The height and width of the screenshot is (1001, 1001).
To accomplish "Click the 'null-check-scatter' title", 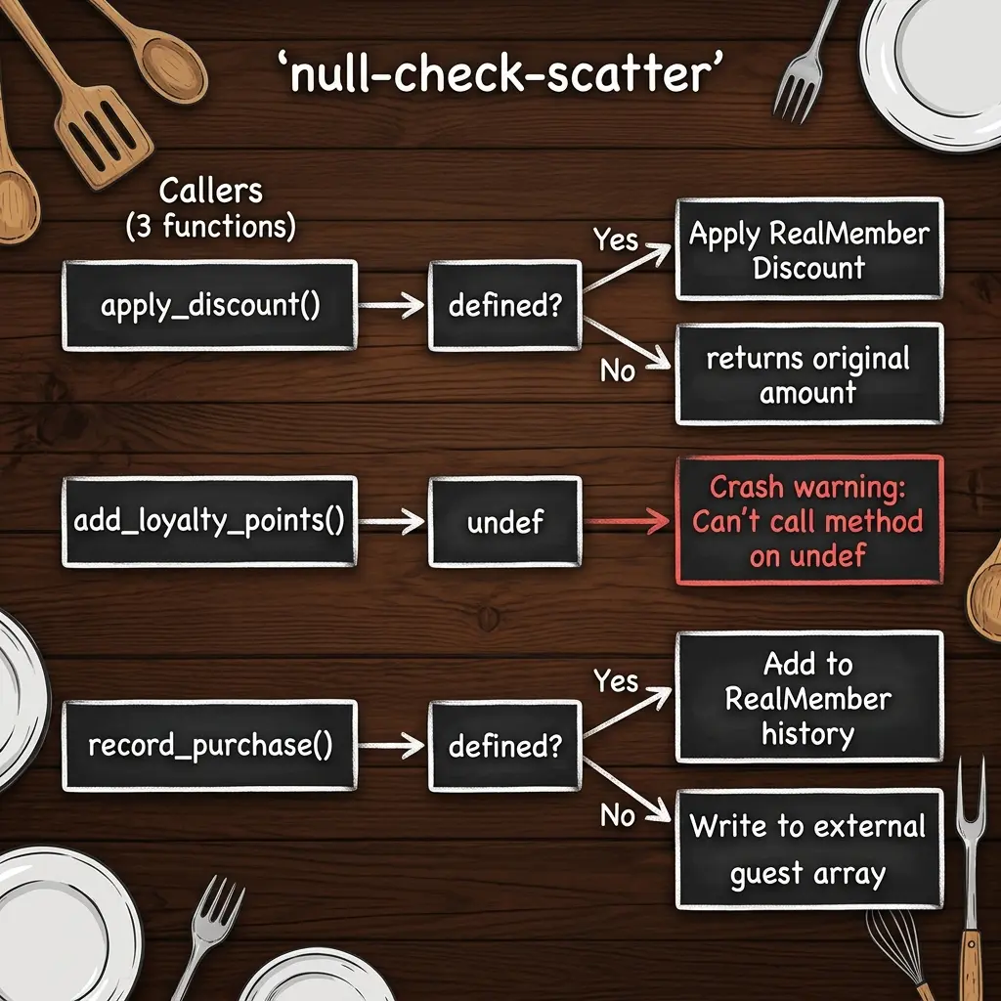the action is (500, 73).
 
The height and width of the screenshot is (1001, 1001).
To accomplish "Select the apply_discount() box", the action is (209, 305).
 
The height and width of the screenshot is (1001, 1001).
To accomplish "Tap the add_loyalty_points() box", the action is (209, 521).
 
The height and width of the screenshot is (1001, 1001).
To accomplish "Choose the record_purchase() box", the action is (209, 746).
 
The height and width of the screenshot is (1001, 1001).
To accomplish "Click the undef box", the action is (505, 522).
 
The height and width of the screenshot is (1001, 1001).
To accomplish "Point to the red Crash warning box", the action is (809, 520).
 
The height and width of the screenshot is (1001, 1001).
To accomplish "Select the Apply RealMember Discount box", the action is (809, 249).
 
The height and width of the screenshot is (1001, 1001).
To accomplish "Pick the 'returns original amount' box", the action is (809, 374).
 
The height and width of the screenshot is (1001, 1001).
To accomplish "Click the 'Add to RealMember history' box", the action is (809, 696).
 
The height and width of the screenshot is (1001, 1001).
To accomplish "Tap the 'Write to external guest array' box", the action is (809, 849).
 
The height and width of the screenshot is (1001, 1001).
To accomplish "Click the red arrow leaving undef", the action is (627, 521).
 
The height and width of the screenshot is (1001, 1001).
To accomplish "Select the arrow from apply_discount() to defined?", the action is (391, 305).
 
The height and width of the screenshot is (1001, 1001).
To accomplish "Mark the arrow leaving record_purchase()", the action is (391, 746).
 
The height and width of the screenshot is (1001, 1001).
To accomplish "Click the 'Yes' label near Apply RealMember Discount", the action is (616, 240).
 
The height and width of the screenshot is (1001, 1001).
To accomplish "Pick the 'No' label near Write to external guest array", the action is (618, 815).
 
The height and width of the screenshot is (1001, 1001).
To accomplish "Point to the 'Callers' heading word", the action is (211, 191).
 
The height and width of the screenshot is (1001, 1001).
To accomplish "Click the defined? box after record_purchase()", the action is (505, 746).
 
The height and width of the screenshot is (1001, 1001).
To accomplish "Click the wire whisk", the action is (899, 951).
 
